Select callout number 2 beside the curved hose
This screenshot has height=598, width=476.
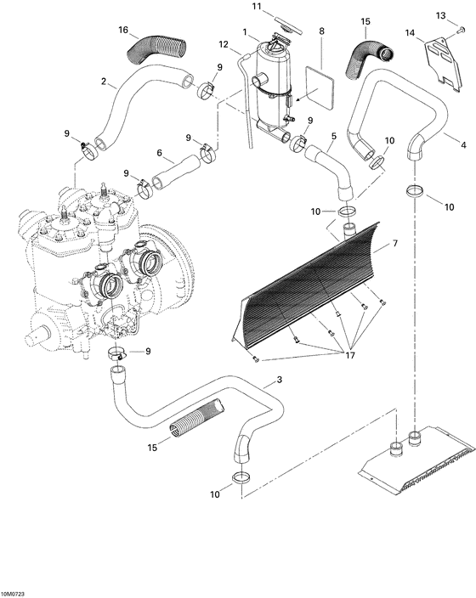(104, 82)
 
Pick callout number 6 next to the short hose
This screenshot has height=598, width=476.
(160, 154)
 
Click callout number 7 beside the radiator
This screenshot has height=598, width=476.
(394, 244)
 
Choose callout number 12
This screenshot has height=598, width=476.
(224, 44)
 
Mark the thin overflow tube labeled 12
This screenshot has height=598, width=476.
(249, 102)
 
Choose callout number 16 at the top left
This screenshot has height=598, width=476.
(122, 30)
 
